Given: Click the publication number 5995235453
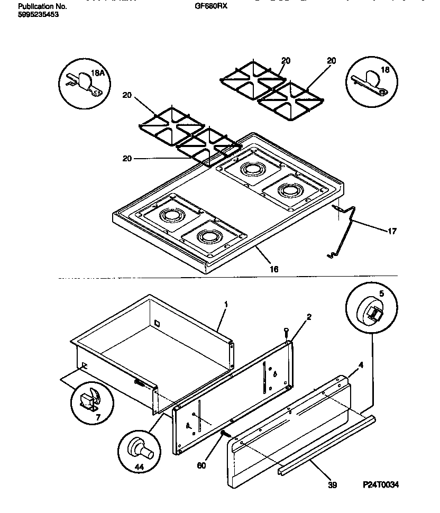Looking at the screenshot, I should tap(38, 15).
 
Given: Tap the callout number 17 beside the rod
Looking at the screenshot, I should tap(392, 231).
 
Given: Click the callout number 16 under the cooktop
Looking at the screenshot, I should tap(273, 269).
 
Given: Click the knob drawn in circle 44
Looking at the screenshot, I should tap(141, 446).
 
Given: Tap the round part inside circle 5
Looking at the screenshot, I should tap(370, 313).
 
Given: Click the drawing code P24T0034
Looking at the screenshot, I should tap(380, 484).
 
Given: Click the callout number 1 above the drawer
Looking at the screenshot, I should tap(226, 305).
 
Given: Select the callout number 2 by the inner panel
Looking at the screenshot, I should tap(309, 317).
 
